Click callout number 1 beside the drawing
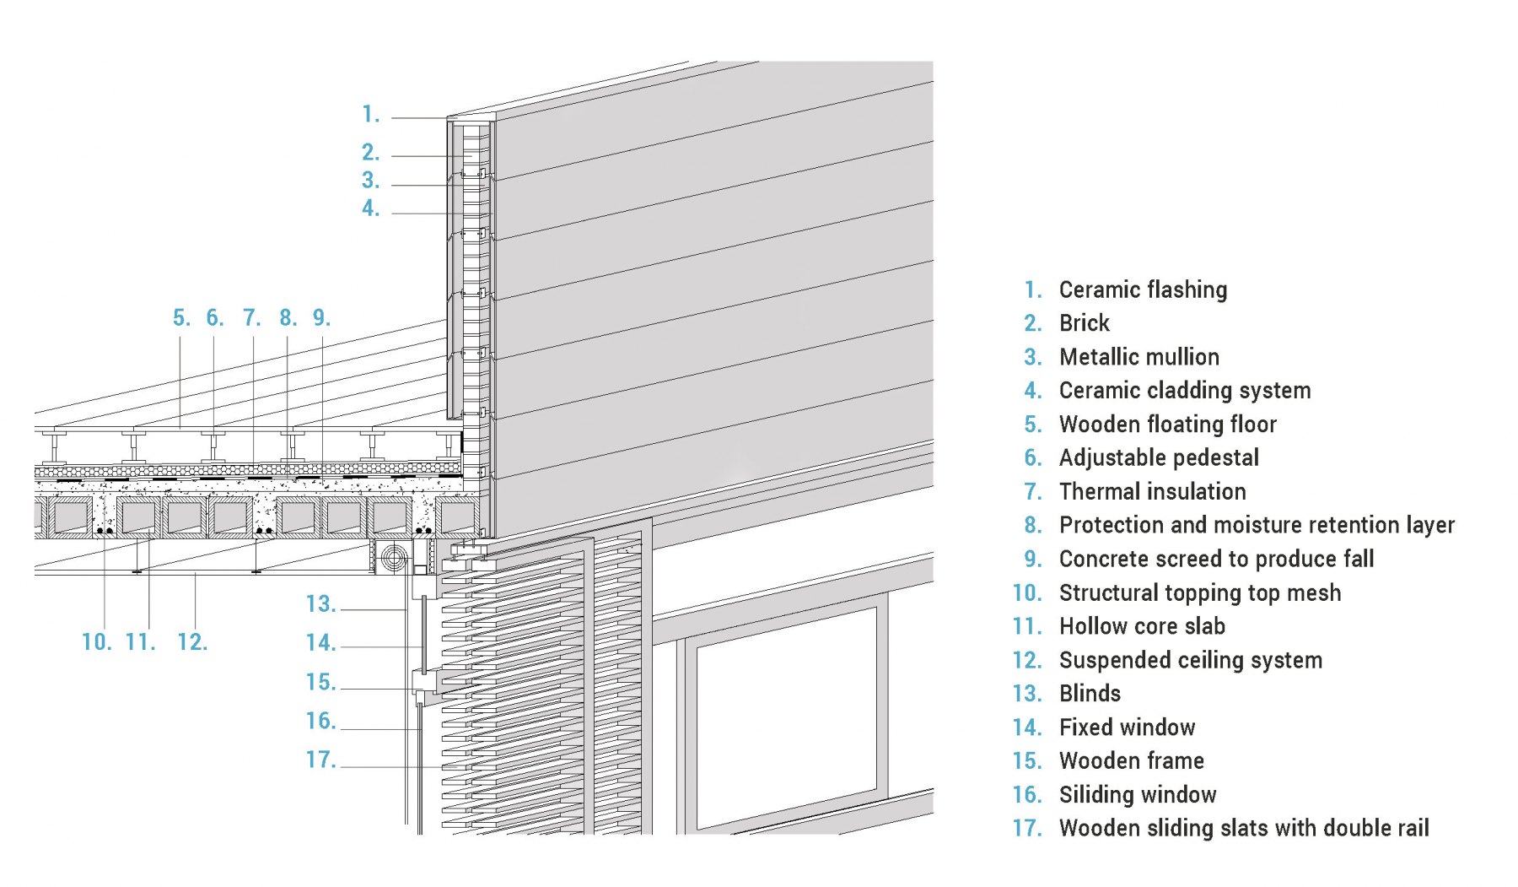[370, 114]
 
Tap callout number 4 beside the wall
[370, 208]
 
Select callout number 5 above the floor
[181, 318]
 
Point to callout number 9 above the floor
[321, 318]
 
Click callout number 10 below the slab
[96, 642]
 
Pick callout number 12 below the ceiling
[192, 642]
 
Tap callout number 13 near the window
[320, 604]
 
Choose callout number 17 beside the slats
[320, 760]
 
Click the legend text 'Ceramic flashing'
[1143, 290]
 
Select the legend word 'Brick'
[1085, 323]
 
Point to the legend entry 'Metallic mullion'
[1139, 357]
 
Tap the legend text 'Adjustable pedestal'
[1159, 458]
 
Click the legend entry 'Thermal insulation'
[1152, 491]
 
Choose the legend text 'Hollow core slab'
[1142, 626]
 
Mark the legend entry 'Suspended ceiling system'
[1191, 661]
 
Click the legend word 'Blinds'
[1090, 694]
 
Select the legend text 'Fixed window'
[1127, 727]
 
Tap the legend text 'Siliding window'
[1138, 795]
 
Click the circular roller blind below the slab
[393, 558]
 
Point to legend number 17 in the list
[1027, 829]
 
